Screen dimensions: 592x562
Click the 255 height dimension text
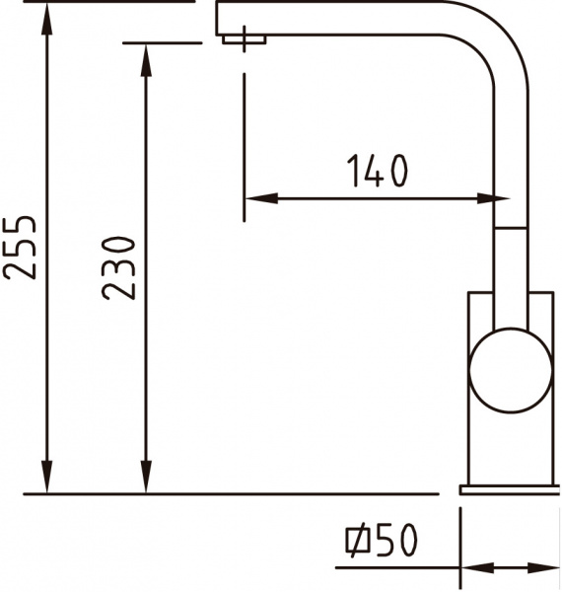(21, 247)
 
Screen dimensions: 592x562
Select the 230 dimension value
(118, 266)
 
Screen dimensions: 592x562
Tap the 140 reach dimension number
(377, 172)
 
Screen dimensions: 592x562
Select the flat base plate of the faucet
(509, 489)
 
